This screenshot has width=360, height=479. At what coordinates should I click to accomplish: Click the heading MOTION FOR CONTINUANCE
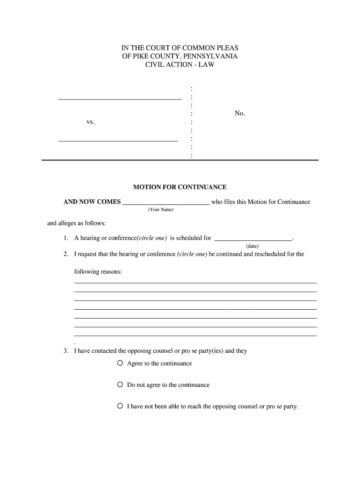coord(180,187)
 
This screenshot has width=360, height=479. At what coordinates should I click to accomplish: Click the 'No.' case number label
coord(240,114)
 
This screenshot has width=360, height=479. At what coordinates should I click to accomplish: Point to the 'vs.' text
coord(90,122)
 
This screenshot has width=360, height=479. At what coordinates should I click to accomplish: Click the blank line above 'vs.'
coord(119,99)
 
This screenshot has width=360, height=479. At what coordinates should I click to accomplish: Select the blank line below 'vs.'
coord(118,140)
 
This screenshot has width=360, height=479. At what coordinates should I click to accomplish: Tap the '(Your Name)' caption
coord(161,210)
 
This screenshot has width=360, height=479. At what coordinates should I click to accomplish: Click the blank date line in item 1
coord(252,240)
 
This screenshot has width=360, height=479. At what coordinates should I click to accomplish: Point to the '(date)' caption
coord(252,246)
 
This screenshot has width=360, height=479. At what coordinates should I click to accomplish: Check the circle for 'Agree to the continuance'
coord(120,363)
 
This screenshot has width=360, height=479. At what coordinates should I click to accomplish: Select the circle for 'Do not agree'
coord(120,385)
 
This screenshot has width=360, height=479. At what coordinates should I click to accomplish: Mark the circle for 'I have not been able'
coord(120,406)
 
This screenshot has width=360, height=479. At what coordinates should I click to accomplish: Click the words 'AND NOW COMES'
coord(92,202)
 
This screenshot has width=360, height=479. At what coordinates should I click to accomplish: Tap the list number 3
coord(66,351)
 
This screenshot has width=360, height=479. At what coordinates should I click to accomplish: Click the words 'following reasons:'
coord(98,272)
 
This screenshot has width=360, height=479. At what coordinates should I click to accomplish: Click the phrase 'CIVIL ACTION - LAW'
coord(180,65)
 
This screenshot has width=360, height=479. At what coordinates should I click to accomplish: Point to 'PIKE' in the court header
coord(141,56)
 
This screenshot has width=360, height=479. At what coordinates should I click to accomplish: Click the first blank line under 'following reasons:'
coord(195,283)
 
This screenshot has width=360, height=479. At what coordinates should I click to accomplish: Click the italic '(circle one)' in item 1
coord(151,238)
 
